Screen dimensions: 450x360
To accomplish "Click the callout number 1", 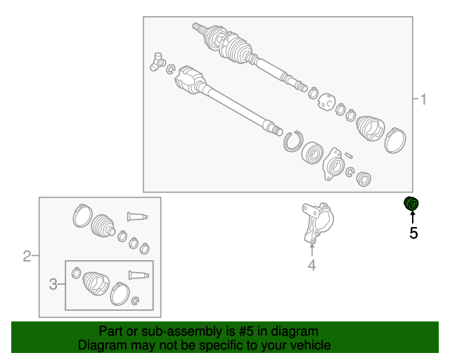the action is tap(423, 99).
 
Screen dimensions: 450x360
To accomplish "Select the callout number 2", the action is tap(27, 256).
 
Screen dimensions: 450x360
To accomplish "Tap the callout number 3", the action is tap(53, 284).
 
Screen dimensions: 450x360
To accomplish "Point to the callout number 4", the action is tap(311, 265).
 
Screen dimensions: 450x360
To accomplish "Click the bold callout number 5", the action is tap(413, 233).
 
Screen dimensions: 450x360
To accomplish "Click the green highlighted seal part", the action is tap(411, 203).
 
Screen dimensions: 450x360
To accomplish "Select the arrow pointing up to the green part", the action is tap(413, 217).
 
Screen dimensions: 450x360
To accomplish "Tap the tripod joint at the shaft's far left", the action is tap(157, 62).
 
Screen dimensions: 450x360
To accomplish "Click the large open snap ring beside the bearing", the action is tap(293, 141).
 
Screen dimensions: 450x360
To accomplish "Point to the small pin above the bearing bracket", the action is tap(349, 155).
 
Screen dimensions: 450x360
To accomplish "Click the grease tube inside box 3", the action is tap(139, 275).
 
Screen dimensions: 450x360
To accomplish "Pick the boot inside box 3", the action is tap(96, 283).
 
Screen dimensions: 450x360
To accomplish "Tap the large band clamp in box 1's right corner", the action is tap(395, 141).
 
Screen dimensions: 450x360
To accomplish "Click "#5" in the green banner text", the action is tap(246, 331).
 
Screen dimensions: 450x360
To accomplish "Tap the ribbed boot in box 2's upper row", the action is tap(103, 226).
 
